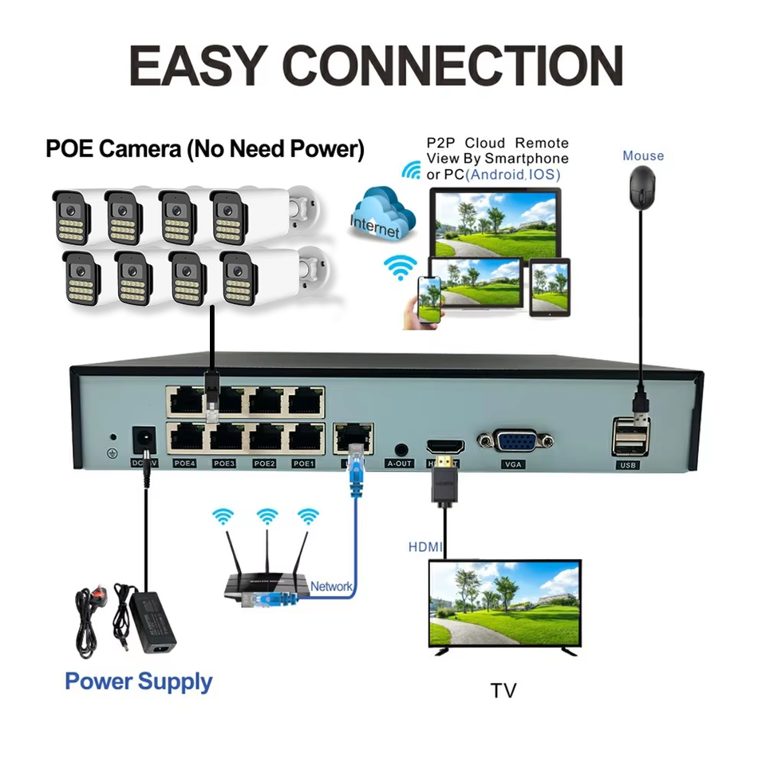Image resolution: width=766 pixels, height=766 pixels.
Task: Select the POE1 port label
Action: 304,463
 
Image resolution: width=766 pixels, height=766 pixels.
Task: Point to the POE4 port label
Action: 184,463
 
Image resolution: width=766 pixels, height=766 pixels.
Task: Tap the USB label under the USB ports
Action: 629,464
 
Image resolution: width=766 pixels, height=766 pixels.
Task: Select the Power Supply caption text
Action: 139,681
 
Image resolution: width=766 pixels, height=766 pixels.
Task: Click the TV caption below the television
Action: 503,689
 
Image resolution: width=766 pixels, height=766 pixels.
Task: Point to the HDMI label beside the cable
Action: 425,547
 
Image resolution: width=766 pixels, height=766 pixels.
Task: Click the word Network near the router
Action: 331,586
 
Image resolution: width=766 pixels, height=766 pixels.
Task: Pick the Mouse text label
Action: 643,156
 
